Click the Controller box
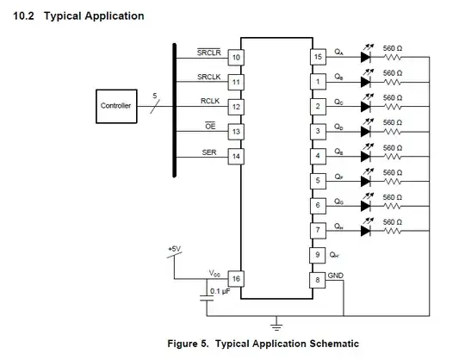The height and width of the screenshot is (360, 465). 116,106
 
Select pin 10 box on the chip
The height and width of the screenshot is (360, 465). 234,57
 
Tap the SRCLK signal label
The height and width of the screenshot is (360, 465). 210,76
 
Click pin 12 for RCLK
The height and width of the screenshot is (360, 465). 234,107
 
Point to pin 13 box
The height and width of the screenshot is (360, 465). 234,132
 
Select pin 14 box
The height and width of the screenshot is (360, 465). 234,156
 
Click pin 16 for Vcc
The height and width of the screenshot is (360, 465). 234,279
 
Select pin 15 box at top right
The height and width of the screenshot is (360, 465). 318,57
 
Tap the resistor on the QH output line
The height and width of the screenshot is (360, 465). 393,230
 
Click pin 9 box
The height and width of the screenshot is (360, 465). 318,255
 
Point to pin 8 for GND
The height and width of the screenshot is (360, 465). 318,280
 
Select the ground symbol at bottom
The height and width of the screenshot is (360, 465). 276,326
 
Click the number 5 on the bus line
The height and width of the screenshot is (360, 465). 154,96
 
